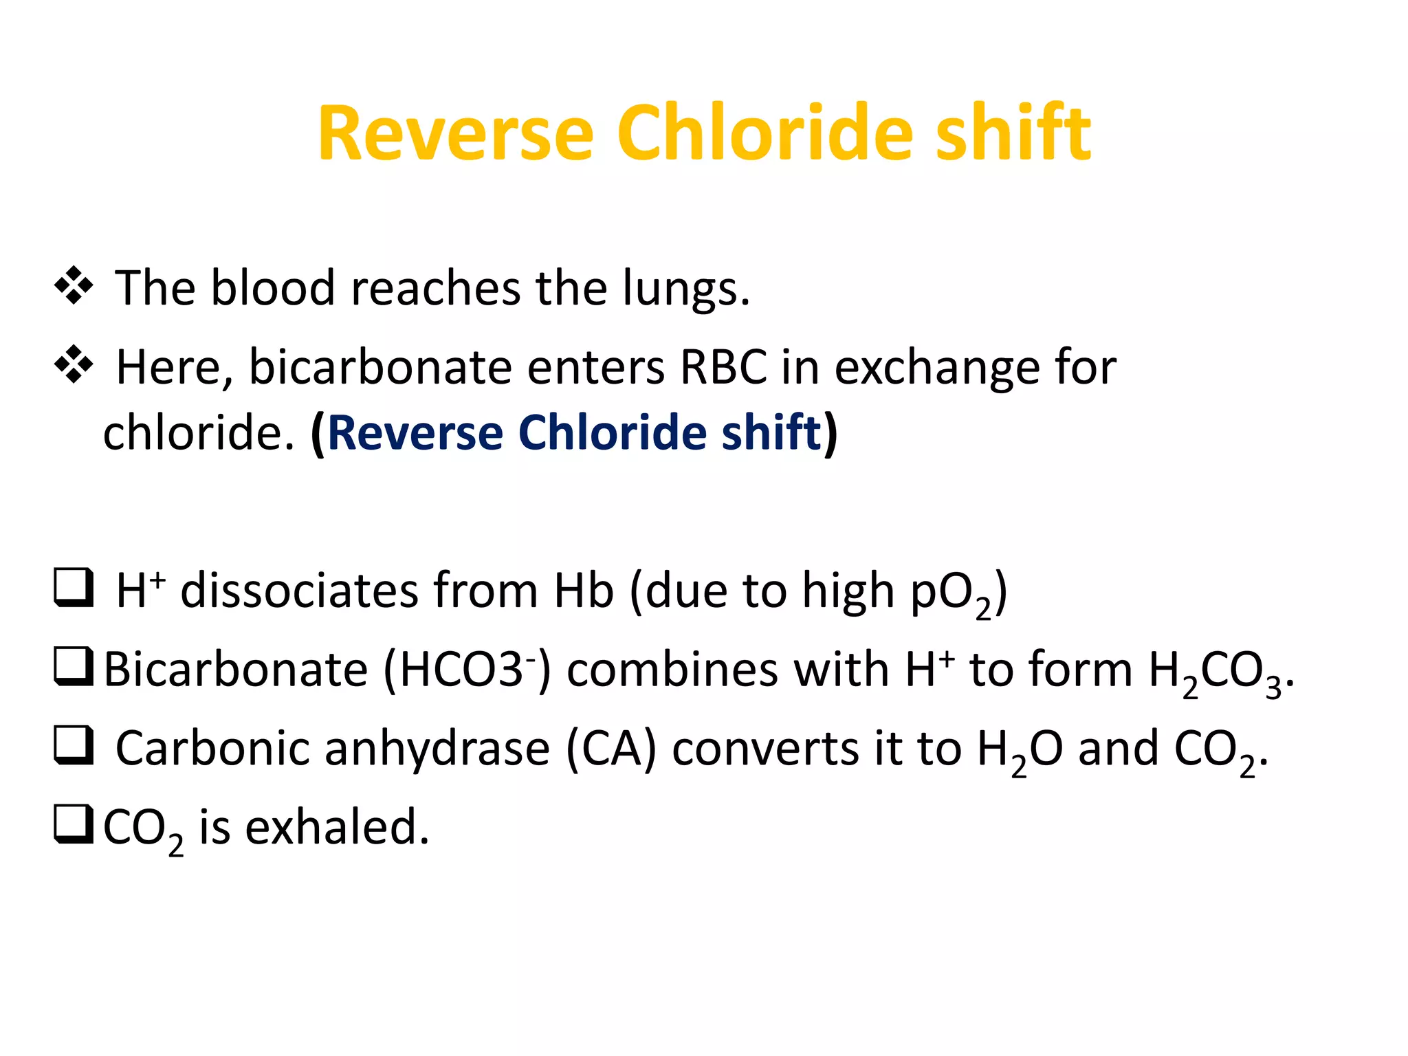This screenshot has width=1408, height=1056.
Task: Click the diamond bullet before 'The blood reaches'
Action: click(x=74, y=286)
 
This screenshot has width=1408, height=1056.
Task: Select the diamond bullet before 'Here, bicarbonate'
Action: click(x=74, y=365)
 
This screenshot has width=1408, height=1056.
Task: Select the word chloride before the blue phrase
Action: click(x=198, y=432)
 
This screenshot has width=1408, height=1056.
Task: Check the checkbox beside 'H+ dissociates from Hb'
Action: click(x=74, y=588)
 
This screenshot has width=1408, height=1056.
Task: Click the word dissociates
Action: click(x=299, y=591)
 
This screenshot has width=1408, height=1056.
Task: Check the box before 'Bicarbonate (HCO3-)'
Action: click(x=74, y=667)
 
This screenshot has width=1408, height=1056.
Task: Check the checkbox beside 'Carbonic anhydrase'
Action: click(x=74, y=746)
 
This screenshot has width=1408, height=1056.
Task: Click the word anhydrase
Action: click(x=437, y=749)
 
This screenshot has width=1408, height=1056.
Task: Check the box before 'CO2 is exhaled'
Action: click(x=74, y=824)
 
